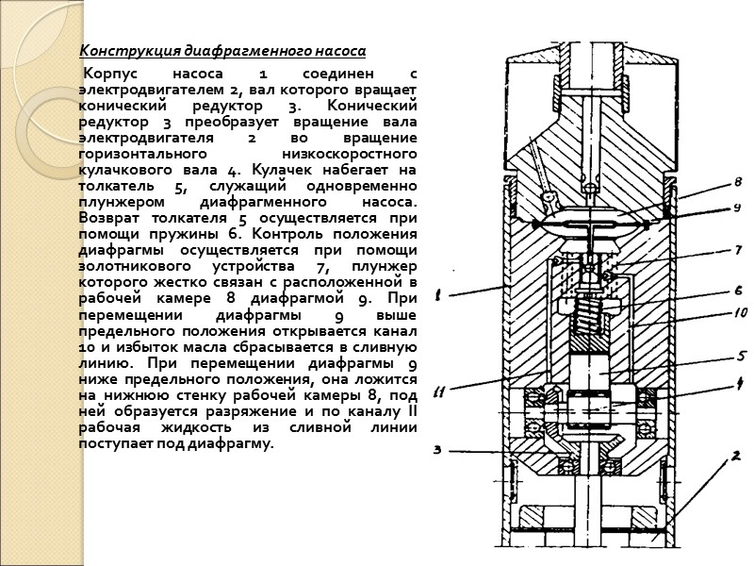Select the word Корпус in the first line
coord(107,74)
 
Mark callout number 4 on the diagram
coord(739,383)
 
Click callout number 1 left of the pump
coord(438,294)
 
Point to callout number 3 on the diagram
coord(437,449)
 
